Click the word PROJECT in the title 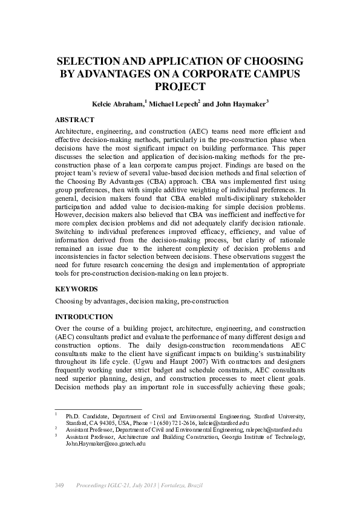tap(180, 86)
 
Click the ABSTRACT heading tap(74, 120)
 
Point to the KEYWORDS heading tap(76, 289)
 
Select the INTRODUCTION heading tap(84, 316)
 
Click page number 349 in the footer tap(60, 485)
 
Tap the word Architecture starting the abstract tap(76, 131)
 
